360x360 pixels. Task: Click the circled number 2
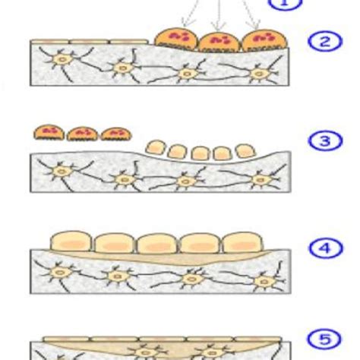coord(325,41)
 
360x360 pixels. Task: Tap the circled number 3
coord(325,141)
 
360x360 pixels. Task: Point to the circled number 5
coord(325,339)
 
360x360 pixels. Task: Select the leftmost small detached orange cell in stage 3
coord(48,133)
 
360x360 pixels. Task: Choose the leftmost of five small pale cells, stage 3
coord(153,146)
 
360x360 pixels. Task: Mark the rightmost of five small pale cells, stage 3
coord(243,150)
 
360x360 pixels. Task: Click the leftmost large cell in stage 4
coord(70,242)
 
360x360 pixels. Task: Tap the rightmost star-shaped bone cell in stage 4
coord(264,282)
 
